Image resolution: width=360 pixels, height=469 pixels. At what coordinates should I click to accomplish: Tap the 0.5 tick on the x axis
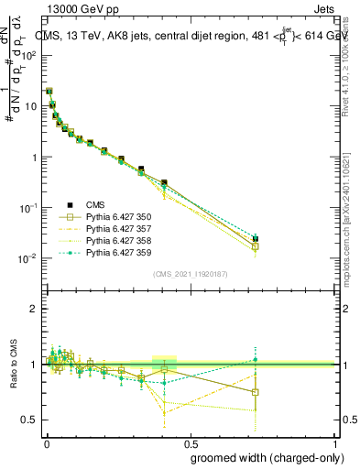(x=191, y=442)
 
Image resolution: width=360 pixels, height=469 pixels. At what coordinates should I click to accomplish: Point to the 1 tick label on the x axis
(x=334, y=442)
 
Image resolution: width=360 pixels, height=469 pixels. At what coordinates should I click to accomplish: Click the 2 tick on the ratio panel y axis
(x=34, y=309)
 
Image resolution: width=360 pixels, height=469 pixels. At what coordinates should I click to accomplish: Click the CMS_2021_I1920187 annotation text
(x=191, y=274)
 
